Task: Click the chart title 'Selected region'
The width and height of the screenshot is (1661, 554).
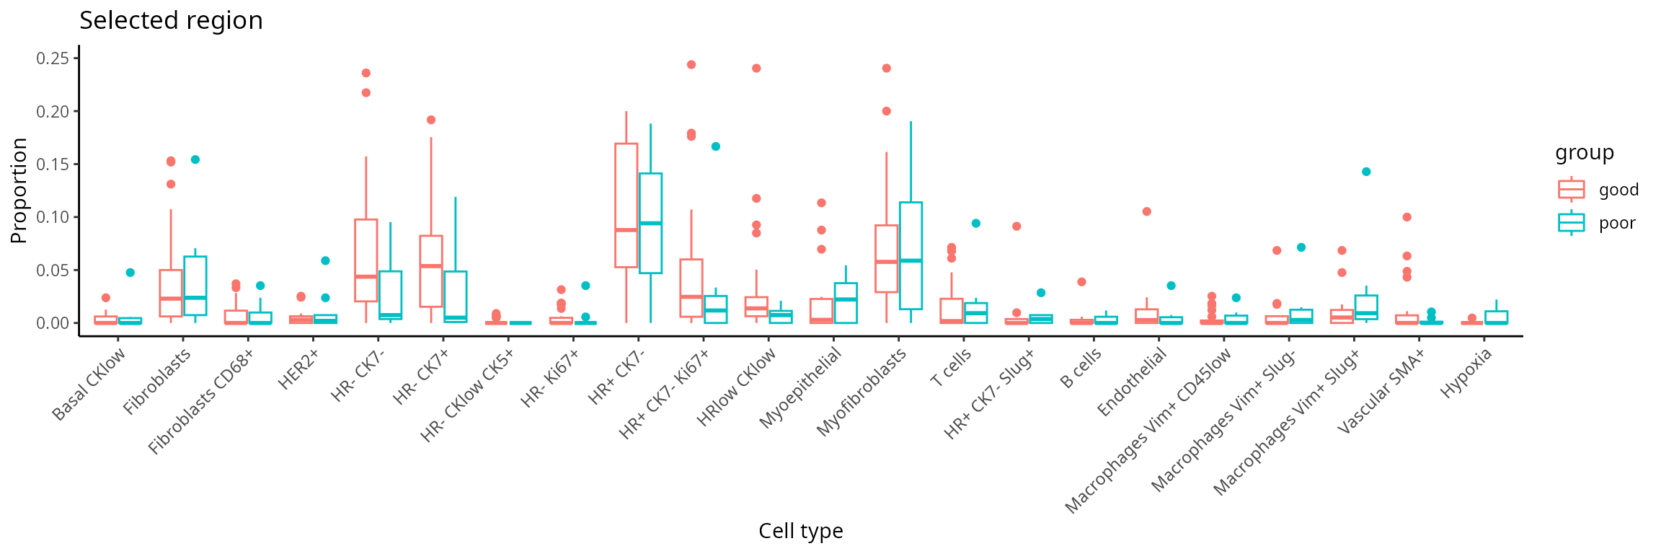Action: tap(171, 21)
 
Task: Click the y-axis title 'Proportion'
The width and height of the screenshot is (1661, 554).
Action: tap(19, 190)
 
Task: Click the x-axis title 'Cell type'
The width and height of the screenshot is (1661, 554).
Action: tap(800, 532)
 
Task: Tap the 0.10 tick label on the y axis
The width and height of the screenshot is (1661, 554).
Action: tap(53, 217)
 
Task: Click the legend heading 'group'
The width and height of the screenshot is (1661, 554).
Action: tap(1584, 153)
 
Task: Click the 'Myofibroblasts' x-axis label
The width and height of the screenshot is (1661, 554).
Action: tap(862, 392)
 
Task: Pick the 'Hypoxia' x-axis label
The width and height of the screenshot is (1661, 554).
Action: tap(1466, 373)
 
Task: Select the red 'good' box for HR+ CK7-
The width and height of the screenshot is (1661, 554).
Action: tap(626, 206)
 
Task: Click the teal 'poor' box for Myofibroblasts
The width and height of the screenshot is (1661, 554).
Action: tap(911, 255)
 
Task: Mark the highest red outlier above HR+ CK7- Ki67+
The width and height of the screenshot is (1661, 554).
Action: tap(691, 65)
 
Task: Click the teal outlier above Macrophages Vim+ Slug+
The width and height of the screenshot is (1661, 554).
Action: tap(1366, 172)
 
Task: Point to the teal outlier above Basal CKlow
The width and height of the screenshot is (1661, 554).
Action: tap(130, 273)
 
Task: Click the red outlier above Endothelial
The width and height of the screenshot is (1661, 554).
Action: tap(1146, 211)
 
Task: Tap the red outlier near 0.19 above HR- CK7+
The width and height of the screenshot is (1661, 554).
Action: tap(431, 120)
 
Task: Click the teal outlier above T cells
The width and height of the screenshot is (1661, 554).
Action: tap(975, 224)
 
